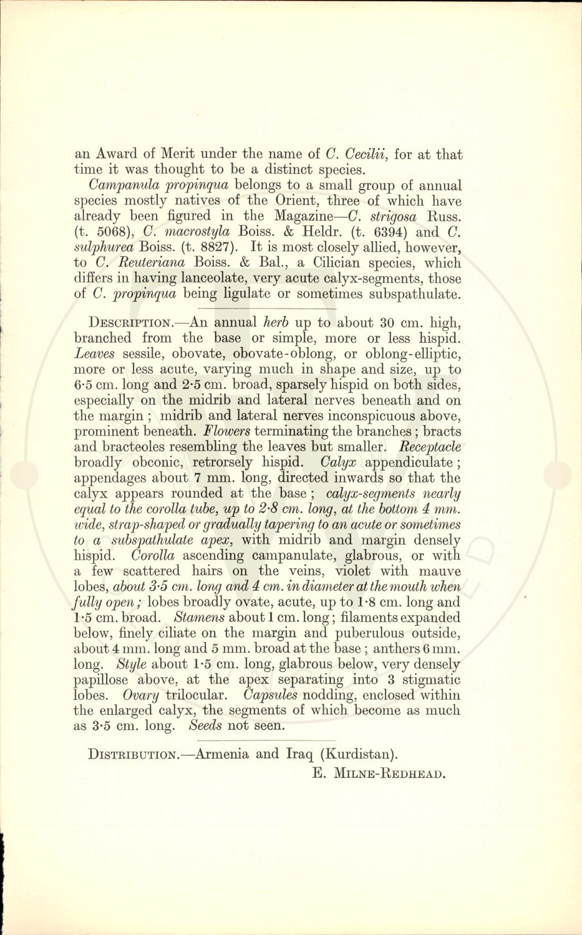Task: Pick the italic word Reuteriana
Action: click(140, 263)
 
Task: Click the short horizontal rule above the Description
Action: click(266, 309)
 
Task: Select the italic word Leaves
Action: click(94, 354)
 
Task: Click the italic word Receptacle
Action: click(429, 447)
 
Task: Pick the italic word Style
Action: click(131, 664)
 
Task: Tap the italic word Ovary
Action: click(140, 695)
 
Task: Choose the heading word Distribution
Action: click(133, 755)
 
